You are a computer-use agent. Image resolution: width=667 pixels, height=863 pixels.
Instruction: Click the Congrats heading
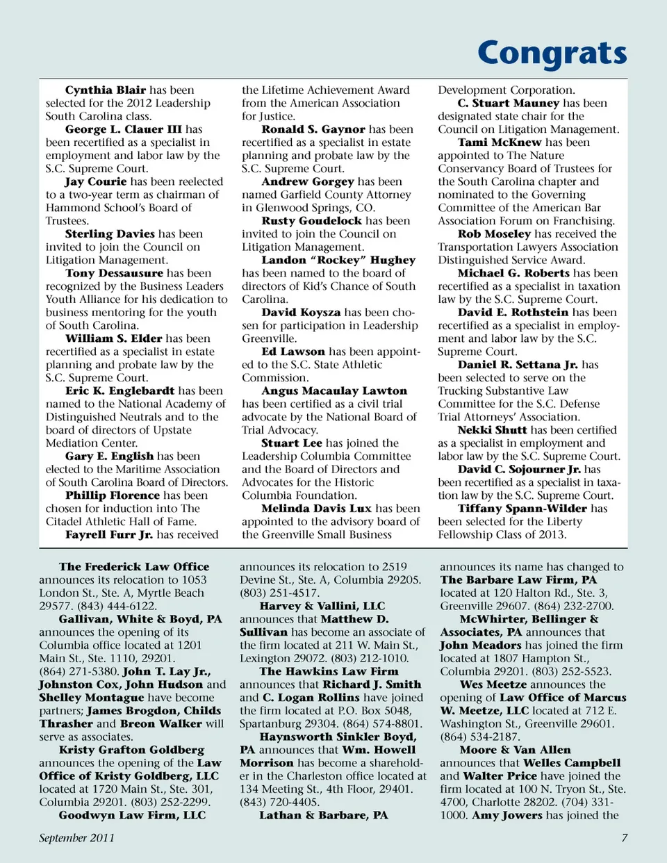pyautogui.click(x=552, y=54)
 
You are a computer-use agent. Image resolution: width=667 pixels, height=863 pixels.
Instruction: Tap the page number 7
pyautogui.click(x=624, y=837)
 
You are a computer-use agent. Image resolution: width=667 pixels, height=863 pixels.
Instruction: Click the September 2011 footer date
pyautogui.click(x=76, y=837)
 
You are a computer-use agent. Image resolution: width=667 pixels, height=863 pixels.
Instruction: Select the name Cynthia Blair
pyautogui.click(x=106, y=90)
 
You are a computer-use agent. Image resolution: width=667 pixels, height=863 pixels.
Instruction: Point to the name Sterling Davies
pyautogui.click(x=110, y=234)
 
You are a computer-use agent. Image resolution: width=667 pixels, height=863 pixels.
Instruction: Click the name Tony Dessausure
pyautogui.click(x=114, y=274)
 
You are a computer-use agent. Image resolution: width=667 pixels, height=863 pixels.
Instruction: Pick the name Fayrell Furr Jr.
pyautogui.click(x=109, y=535)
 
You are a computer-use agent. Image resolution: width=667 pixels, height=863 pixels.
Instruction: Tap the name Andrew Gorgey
pyautogui.click(x=308, y=182)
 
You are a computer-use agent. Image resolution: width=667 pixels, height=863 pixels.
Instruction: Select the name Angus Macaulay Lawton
pyautogui.click(x=334, y=391)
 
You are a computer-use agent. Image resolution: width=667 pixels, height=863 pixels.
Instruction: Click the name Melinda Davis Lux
pyautogui.click(x=316, y=509)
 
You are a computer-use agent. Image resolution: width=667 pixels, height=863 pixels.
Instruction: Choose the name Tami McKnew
pyautogui.click(x=500, y=142)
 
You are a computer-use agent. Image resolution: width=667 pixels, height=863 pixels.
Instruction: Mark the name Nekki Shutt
pyautogui.click(x=492, y=430)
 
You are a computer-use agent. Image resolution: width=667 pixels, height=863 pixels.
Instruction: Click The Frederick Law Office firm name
pyautogui.click(x=134, y=567)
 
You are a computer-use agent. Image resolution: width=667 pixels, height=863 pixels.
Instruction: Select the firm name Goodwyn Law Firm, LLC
pyautogui.click(x=132, y=815)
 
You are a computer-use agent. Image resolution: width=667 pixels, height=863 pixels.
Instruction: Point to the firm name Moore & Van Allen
pyautogui.click(x=515, y=750)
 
